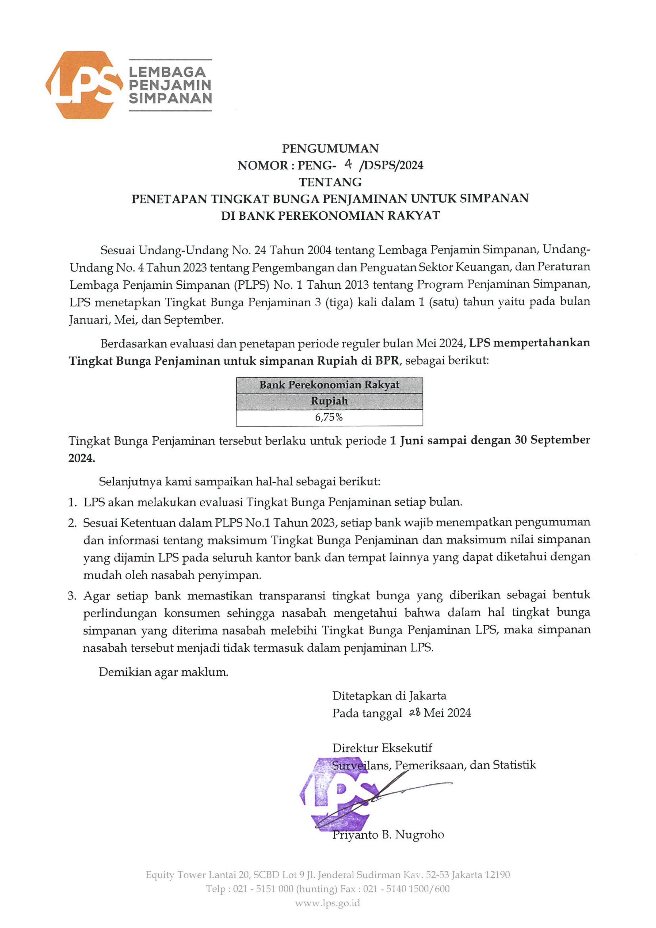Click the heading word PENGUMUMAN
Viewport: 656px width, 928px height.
click(x=330, y=149)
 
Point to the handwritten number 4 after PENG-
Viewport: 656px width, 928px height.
click(x=348, y=164)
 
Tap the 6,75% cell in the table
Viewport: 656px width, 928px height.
click(x=329, y=418)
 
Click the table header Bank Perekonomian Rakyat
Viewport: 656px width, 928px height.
click(x=329, y=385)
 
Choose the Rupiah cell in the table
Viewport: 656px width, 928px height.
click(x=329, y=401)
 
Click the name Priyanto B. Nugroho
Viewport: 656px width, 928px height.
click(x=388, y=835)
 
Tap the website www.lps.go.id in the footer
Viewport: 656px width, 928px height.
click(x=327, y=903)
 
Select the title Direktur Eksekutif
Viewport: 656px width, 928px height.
click(x=382, y=748)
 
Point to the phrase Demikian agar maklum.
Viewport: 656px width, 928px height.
click(x=163, y=672)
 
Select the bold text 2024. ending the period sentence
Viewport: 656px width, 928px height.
click(x=82, y=458)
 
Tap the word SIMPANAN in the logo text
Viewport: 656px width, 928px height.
click(x=170, y=98)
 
